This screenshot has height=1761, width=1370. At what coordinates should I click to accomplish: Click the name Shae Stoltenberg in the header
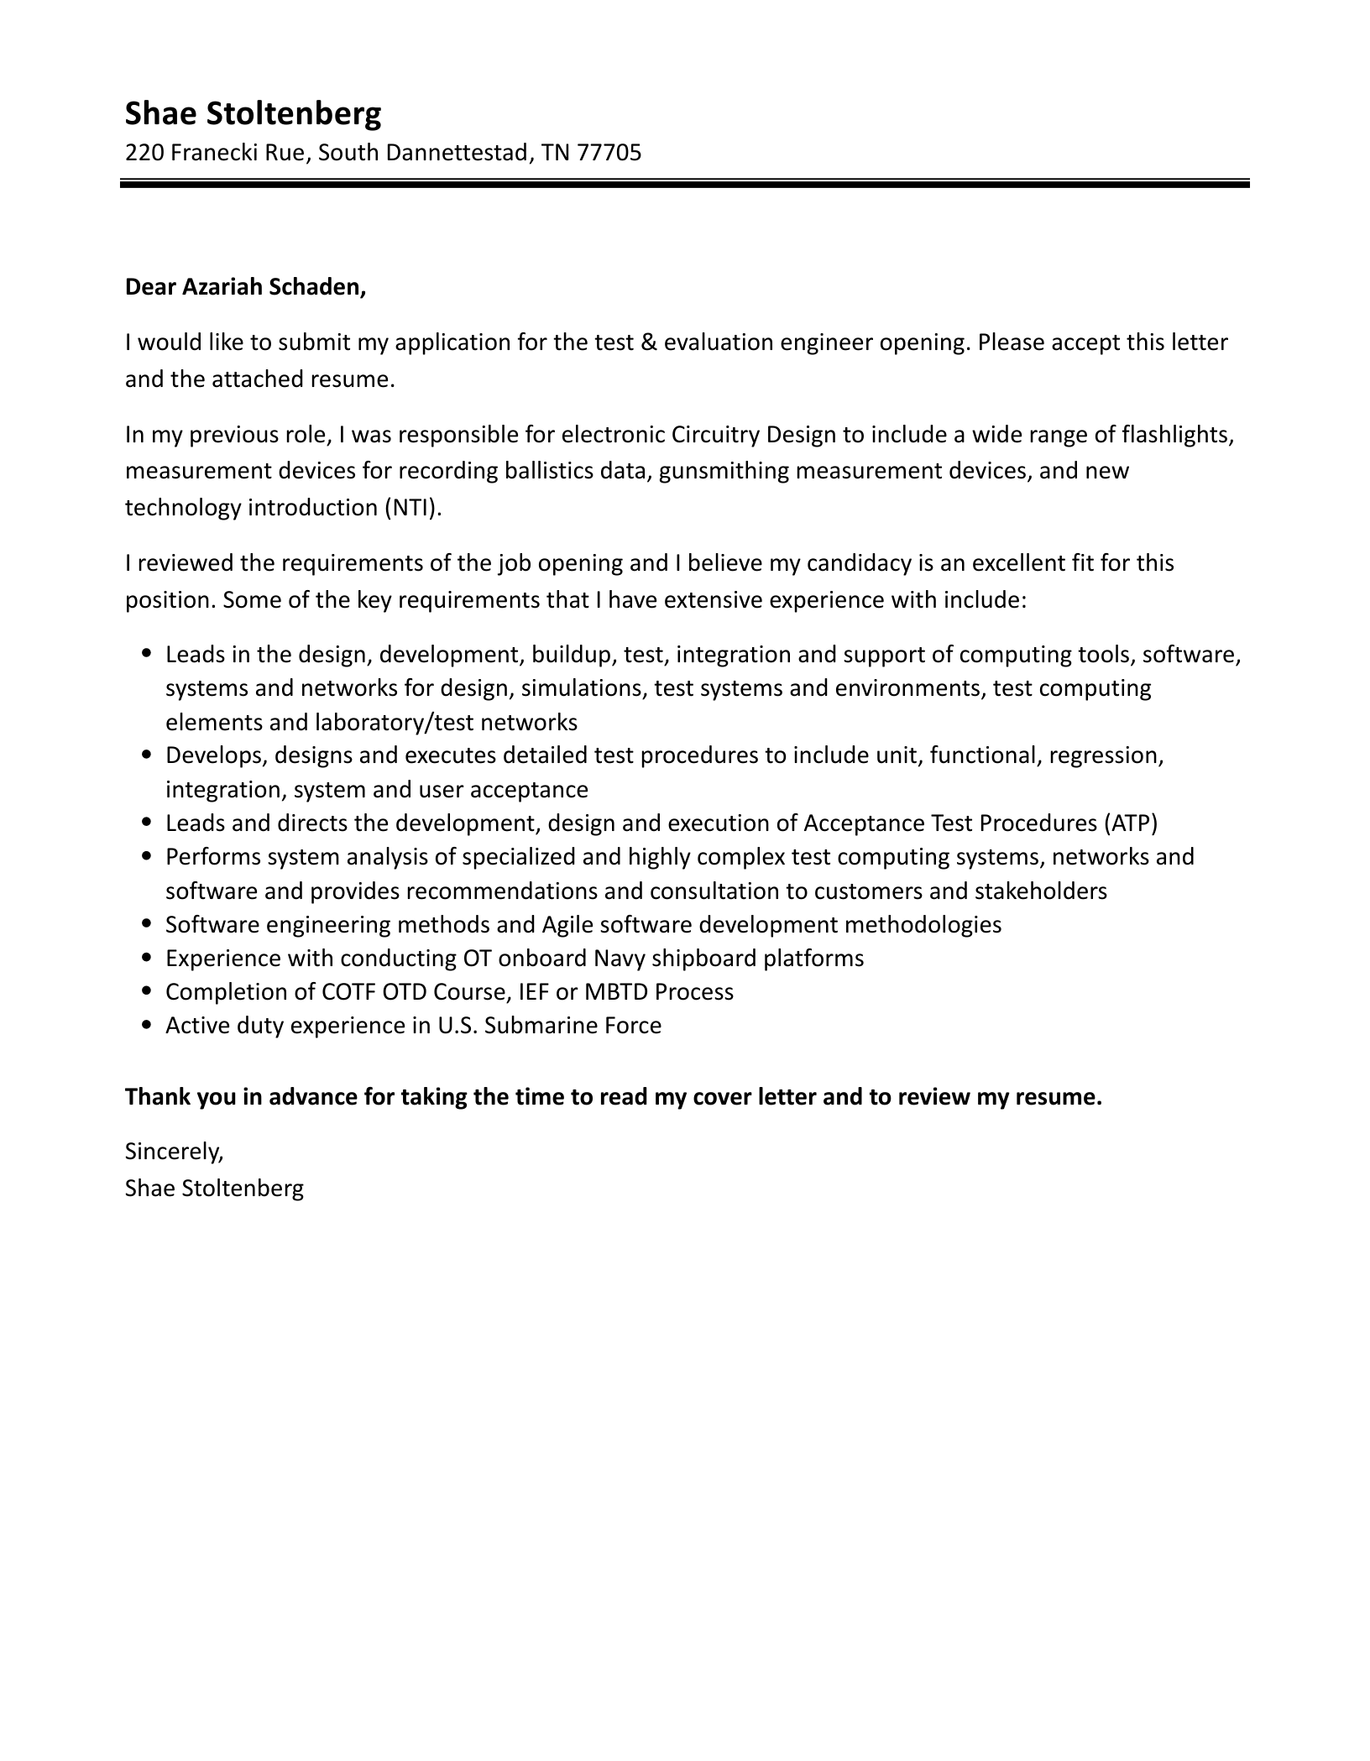(253, 113)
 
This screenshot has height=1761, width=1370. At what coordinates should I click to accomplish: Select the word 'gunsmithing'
(723, 471)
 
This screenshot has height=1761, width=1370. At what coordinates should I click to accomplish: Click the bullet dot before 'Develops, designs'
(148, 755)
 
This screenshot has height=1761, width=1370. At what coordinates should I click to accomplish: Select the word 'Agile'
(567, 925)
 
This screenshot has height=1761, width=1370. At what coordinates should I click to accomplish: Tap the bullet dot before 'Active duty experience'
(148, 1026)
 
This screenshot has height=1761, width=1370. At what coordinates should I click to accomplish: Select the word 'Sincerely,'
(175, 1152)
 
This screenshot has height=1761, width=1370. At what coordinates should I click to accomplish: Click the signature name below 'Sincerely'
(214, 1189)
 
